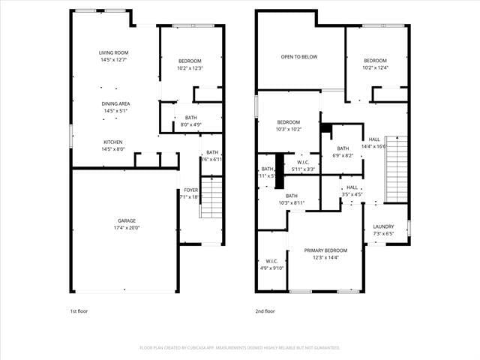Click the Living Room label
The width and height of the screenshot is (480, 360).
[114, 52]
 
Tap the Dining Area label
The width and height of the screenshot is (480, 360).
[115, 103]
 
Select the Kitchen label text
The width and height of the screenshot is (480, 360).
[113, 142]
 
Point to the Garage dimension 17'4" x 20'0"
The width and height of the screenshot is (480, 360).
[126, 228]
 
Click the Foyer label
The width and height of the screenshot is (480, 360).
[191, 190]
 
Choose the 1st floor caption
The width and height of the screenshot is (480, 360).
[79, 310]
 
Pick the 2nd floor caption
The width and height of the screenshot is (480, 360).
[265, 310]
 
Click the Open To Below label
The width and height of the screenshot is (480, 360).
[298, 57]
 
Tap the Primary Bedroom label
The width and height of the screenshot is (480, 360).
[325, 250]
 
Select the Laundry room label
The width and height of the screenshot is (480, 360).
[383, 226]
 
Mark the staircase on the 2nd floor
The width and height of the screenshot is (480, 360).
[395, 169]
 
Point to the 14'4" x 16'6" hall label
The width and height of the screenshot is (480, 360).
[374, 143]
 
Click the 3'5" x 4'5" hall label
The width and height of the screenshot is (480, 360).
[352, 190]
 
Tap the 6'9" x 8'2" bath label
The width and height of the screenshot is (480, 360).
[343, 151]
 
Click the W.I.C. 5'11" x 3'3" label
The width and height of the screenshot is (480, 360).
[303, 166]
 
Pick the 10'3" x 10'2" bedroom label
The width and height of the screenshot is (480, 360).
[289, 125]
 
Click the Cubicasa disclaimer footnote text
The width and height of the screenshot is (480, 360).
[240, 348]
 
